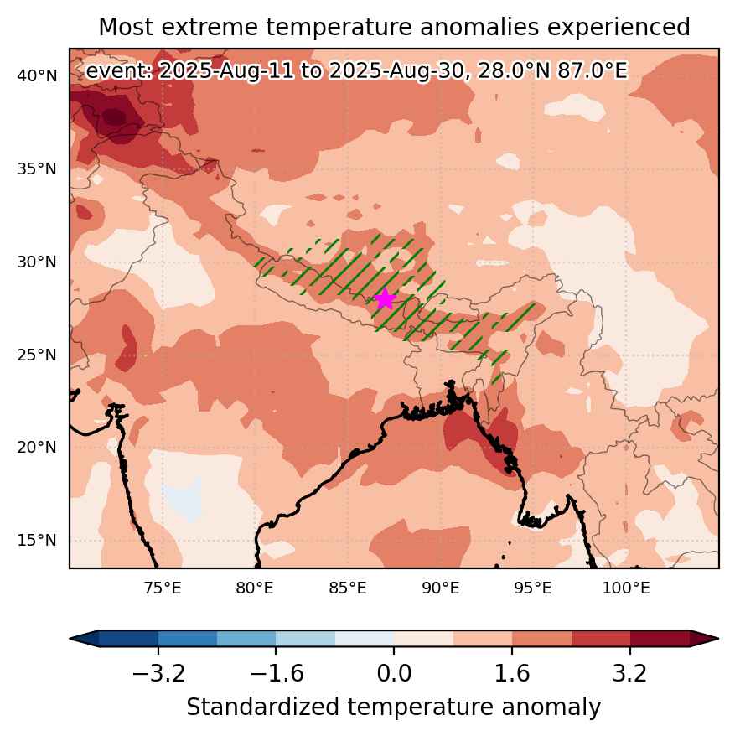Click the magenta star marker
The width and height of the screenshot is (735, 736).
pyautogui.click(x=385, y=299)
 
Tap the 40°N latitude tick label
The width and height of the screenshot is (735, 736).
pyautogui.click(x=37, y=75)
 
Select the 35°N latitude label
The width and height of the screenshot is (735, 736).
pyautogui.click(x=37, y=168)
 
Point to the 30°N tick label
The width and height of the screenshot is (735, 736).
pyautogui.click(x=37, y=262)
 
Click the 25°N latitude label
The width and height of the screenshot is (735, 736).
pyautogui.click(x=37, y=355)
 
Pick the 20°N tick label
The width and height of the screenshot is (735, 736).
pyautogui.click(x=37, y=447)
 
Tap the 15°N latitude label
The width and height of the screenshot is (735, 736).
pyautogui.click(x=37, y=540)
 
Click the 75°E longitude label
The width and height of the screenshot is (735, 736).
pyautogui.click(x=163, y=588)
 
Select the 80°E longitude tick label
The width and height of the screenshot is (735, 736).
pyautogui.click(x=255, y=588)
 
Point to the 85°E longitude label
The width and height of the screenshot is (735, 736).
pyautogui.click(x=348, y=588)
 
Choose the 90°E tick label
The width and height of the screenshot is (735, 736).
pyautogui.click(x=441, y=588)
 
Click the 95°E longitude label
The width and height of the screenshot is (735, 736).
pyautogui.click(x=533, y=588)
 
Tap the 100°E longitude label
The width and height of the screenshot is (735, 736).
pyautogui.click(x=626, y=588)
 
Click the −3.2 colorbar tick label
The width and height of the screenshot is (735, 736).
pyautogui.click(x=158, y=674)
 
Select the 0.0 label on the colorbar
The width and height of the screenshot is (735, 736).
pyautogui.click(x=394, y=674)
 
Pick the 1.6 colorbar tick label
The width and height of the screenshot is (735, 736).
pyautogui.click(x=512, y=674)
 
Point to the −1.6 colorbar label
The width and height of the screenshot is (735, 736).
pyautogui.click(x=277, y=674)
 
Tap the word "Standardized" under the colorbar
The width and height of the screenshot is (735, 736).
pyautogui.click(x=262, y=707)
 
